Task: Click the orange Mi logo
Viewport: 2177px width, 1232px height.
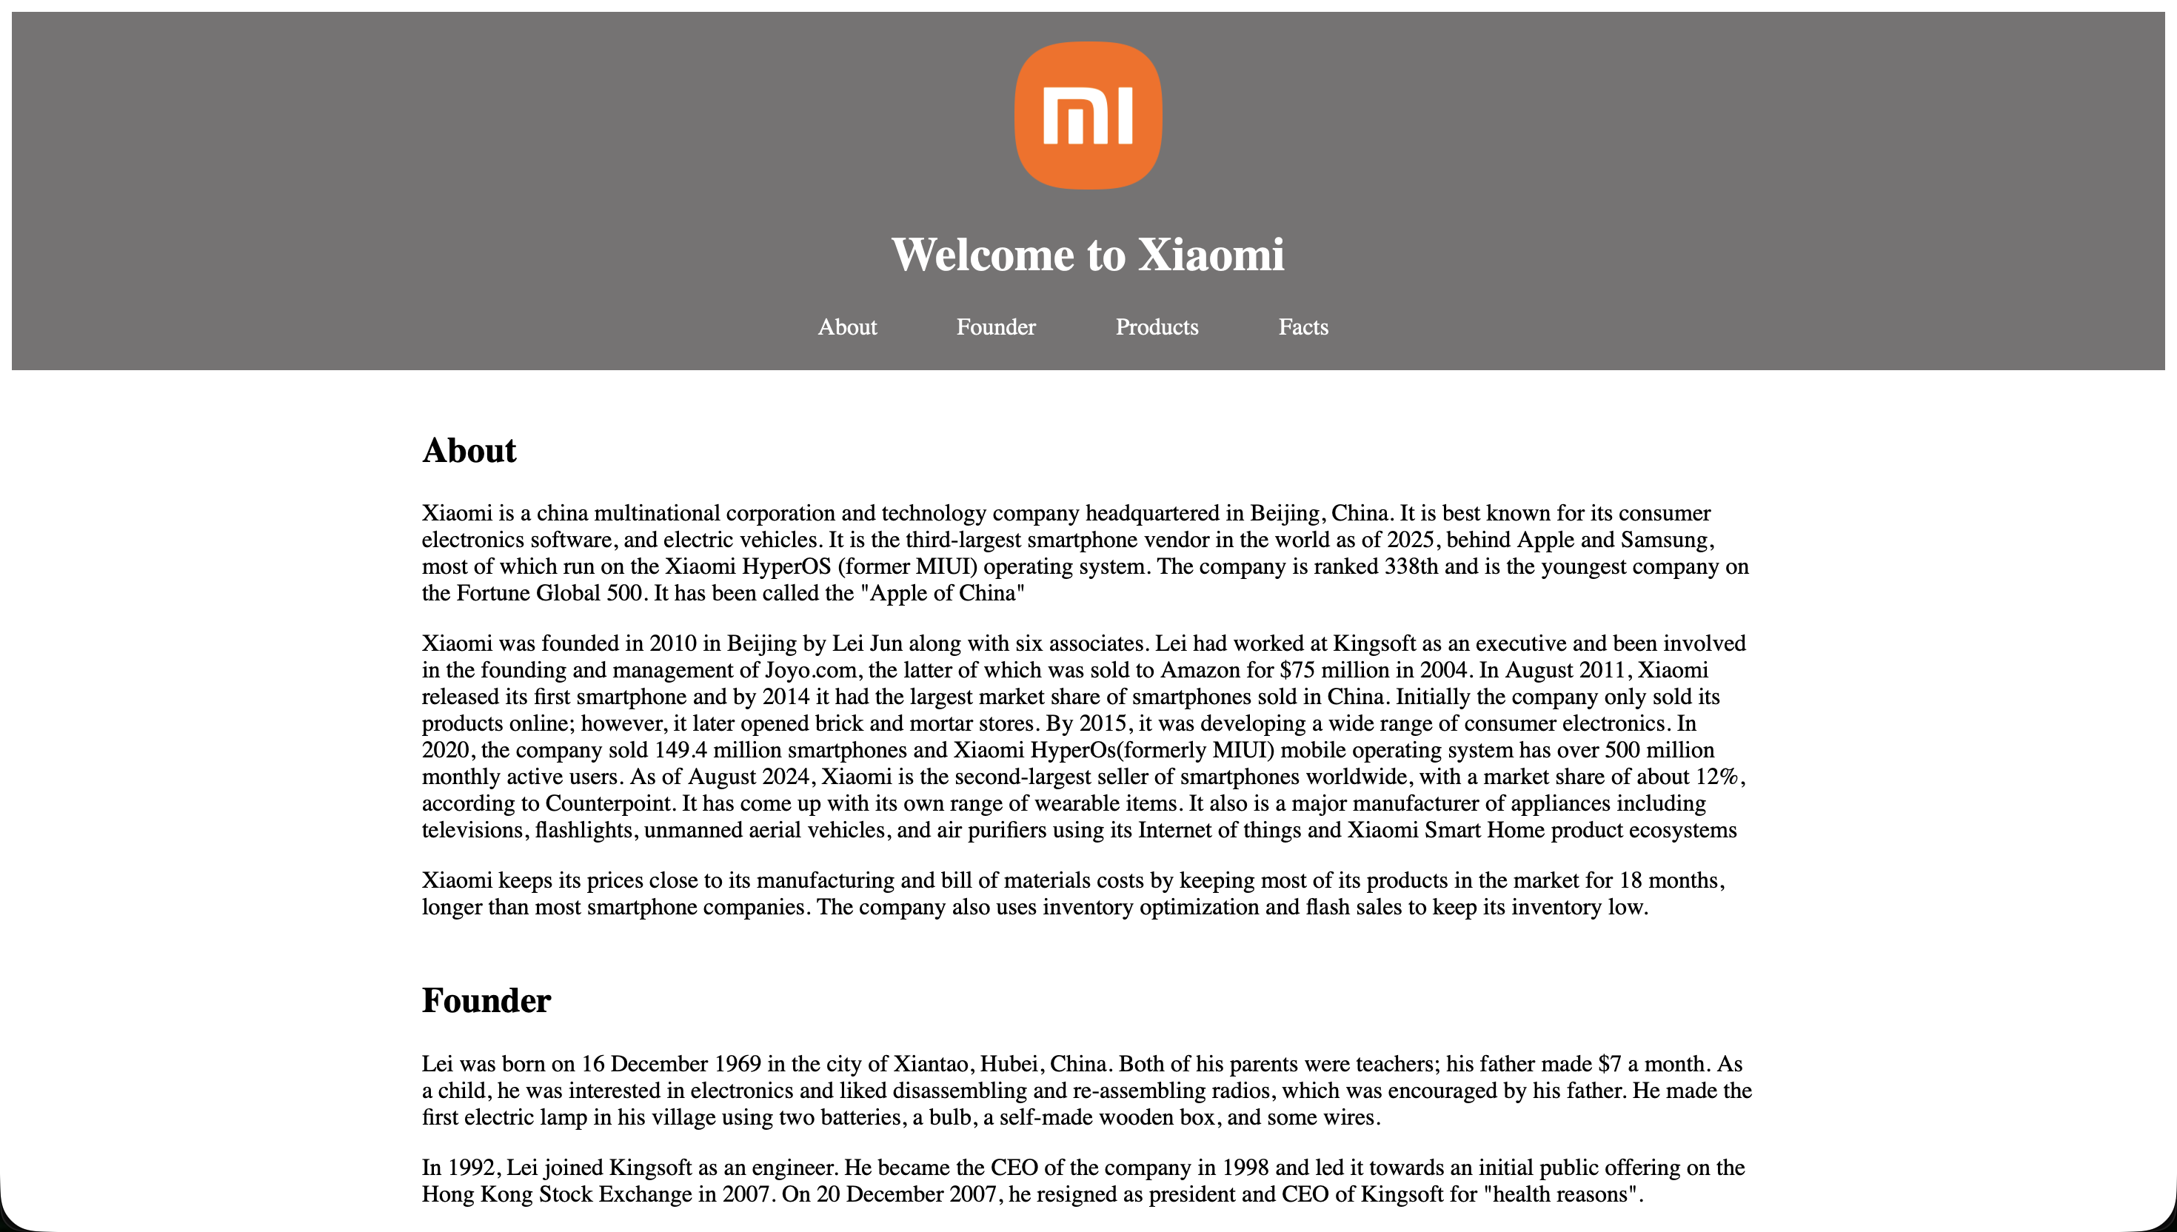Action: (x=1087, y=115)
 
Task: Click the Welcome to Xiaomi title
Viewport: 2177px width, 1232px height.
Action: (x=1087, y=255)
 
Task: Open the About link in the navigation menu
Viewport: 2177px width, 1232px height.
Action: (x=847, y=327)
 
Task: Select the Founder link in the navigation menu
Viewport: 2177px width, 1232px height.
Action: (x=996, y=327)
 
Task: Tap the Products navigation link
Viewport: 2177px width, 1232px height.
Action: (x=1157, y=327)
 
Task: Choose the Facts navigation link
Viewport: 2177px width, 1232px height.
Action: (x=1303, y=327)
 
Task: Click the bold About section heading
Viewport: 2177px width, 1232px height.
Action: (x=469, y=451)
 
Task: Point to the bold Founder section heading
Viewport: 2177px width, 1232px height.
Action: (x=486, y=1001)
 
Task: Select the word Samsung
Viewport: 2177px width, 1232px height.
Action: (x=1665, y=540)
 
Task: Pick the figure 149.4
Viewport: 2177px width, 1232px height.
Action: (x=680, y=751)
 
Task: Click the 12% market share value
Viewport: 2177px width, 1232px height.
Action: (x=1716, y=777)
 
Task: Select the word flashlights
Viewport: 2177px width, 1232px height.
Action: (x=583, y=831)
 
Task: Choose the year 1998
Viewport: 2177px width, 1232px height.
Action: (x=1244, y=1168)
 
